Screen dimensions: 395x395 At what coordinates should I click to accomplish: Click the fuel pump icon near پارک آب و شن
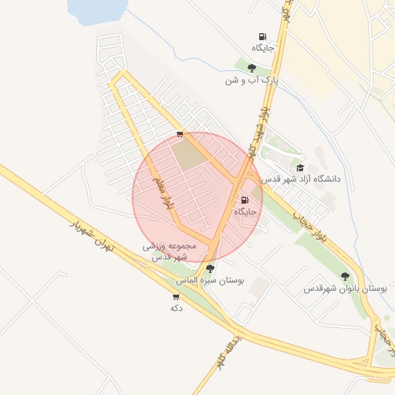coord(262,36)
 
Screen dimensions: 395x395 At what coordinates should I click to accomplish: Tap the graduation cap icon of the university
coord(300,167)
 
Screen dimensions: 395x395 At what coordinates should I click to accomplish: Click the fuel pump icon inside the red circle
coord(245,200)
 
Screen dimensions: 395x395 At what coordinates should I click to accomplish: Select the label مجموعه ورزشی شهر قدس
coord(170,251)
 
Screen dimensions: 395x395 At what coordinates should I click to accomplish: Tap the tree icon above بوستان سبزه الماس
coord(210,268)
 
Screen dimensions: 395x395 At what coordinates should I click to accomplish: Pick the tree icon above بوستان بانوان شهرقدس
coord(345,276)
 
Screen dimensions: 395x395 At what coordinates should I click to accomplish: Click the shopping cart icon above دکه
coord(176,296)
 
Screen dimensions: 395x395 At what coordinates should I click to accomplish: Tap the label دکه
coord(175,307)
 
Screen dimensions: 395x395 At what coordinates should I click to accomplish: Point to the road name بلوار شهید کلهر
coord(260,128)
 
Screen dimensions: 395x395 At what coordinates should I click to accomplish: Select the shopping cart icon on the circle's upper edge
coord(180,134)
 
